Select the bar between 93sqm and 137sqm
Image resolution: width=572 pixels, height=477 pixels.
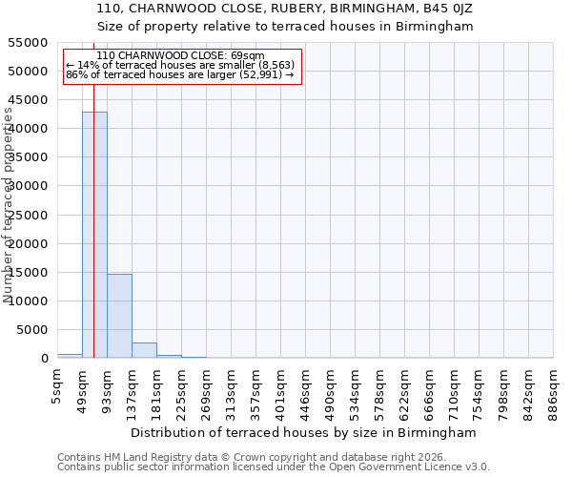coord(119,316)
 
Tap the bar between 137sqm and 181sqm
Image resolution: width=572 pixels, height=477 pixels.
coord(144,350)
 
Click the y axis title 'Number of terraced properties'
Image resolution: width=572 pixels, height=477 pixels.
coord(9,205)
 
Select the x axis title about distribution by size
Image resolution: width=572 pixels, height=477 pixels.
coord(305,432)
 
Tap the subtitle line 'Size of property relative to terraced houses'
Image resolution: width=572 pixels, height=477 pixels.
coord(286,27)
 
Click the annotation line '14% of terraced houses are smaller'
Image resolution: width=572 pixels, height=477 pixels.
coord(181,65)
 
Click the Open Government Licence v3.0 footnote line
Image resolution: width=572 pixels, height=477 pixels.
coord(274,467)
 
